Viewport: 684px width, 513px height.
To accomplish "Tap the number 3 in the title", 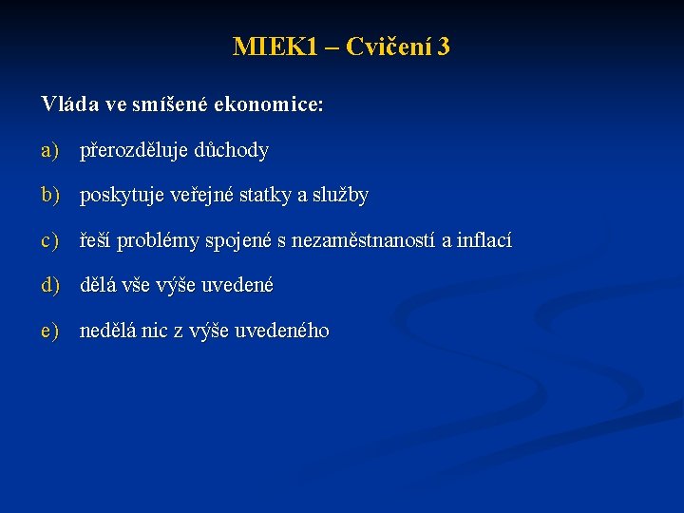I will (444, 47).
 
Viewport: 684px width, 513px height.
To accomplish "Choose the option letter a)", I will (50, 150).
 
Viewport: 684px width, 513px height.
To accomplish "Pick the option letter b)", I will (50, 196).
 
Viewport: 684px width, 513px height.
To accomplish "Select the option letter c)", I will (50, 241).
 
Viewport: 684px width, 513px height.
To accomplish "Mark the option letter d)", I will (50, 285).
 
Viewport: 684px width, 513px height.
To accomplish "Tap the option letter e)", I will (50, 331).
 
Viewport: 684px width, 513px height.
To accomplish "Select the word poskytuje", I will (122, 197).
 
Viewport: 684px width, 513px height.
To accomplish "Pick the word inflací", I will (484, 241).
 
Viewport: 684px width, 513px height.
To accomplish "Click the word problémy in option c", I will (158, 242).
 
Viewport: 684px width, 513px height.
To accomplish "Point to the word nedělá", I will (108, 331).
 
